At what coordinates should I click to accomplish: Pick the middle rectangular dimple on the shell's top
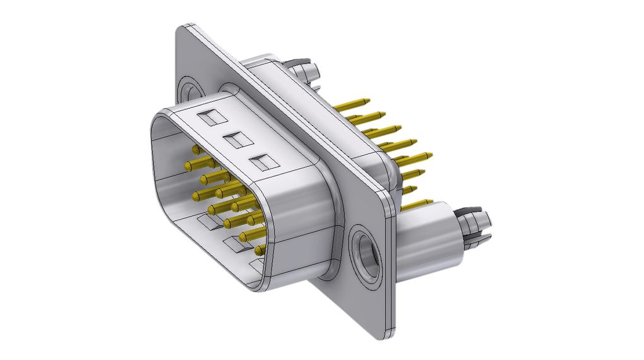(x=236, y=140)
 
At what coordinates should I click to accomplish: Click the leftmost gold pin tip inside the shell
(x=188, y=165)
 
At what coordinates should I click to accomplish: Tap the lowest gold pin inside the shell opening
(x=259, y=251)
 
